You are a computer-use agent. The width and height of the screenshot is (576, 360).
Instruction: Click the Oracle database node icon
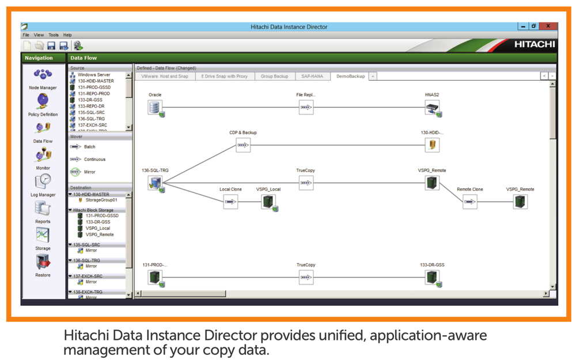click(x=154, y=107)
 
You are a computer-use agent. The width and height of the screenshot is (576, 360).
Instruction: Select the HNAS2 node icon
click(x=432, y=107)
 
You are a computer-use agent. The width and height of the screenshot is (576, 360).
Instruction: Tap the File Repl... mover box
click(x=306, y=107)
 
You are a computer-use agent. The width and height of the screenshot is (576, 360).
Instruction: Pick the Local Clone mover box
click(x=230, y=202)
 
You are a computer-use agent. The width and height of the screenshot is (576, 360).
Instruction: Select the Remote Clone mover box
click(x=469, y=202)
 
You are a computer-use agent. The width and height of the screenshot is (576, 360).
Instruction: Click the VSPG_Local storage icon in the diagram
click(x=268, y=202)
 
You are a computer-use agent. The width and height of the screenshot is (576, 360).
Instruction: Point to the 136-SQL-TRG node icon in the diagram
click(x=155, y=183)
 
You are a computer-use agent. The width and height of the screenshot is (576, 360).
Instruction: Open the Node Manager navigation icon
click(x=43, y=75)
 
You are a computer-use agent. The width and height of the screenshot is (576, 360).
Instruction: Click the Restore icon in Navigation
click(x=43, y=262)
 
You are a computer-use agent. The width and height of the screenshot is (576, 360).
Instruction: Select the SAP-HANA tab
click(x=312, y=76)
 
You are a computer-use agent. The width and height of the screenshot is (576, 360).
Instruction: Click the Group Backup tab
click(x=274, y=76)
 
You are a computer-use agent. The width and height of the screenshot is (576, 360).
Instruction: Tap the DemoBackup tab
click(x=350, y=76)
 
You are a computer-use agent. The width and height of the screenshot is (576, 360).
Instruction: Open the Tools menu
click(x=54, y=35)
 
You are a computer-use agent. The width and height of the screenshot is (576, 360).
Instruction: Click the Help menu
click(x=67, y=35)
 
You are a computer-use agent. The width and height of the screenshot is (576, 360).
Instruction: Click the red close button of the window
click(x=548, y=26)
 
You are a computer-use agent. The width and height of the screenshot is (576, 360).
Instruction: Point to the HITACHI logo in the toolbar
click(x=534, y=44)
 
